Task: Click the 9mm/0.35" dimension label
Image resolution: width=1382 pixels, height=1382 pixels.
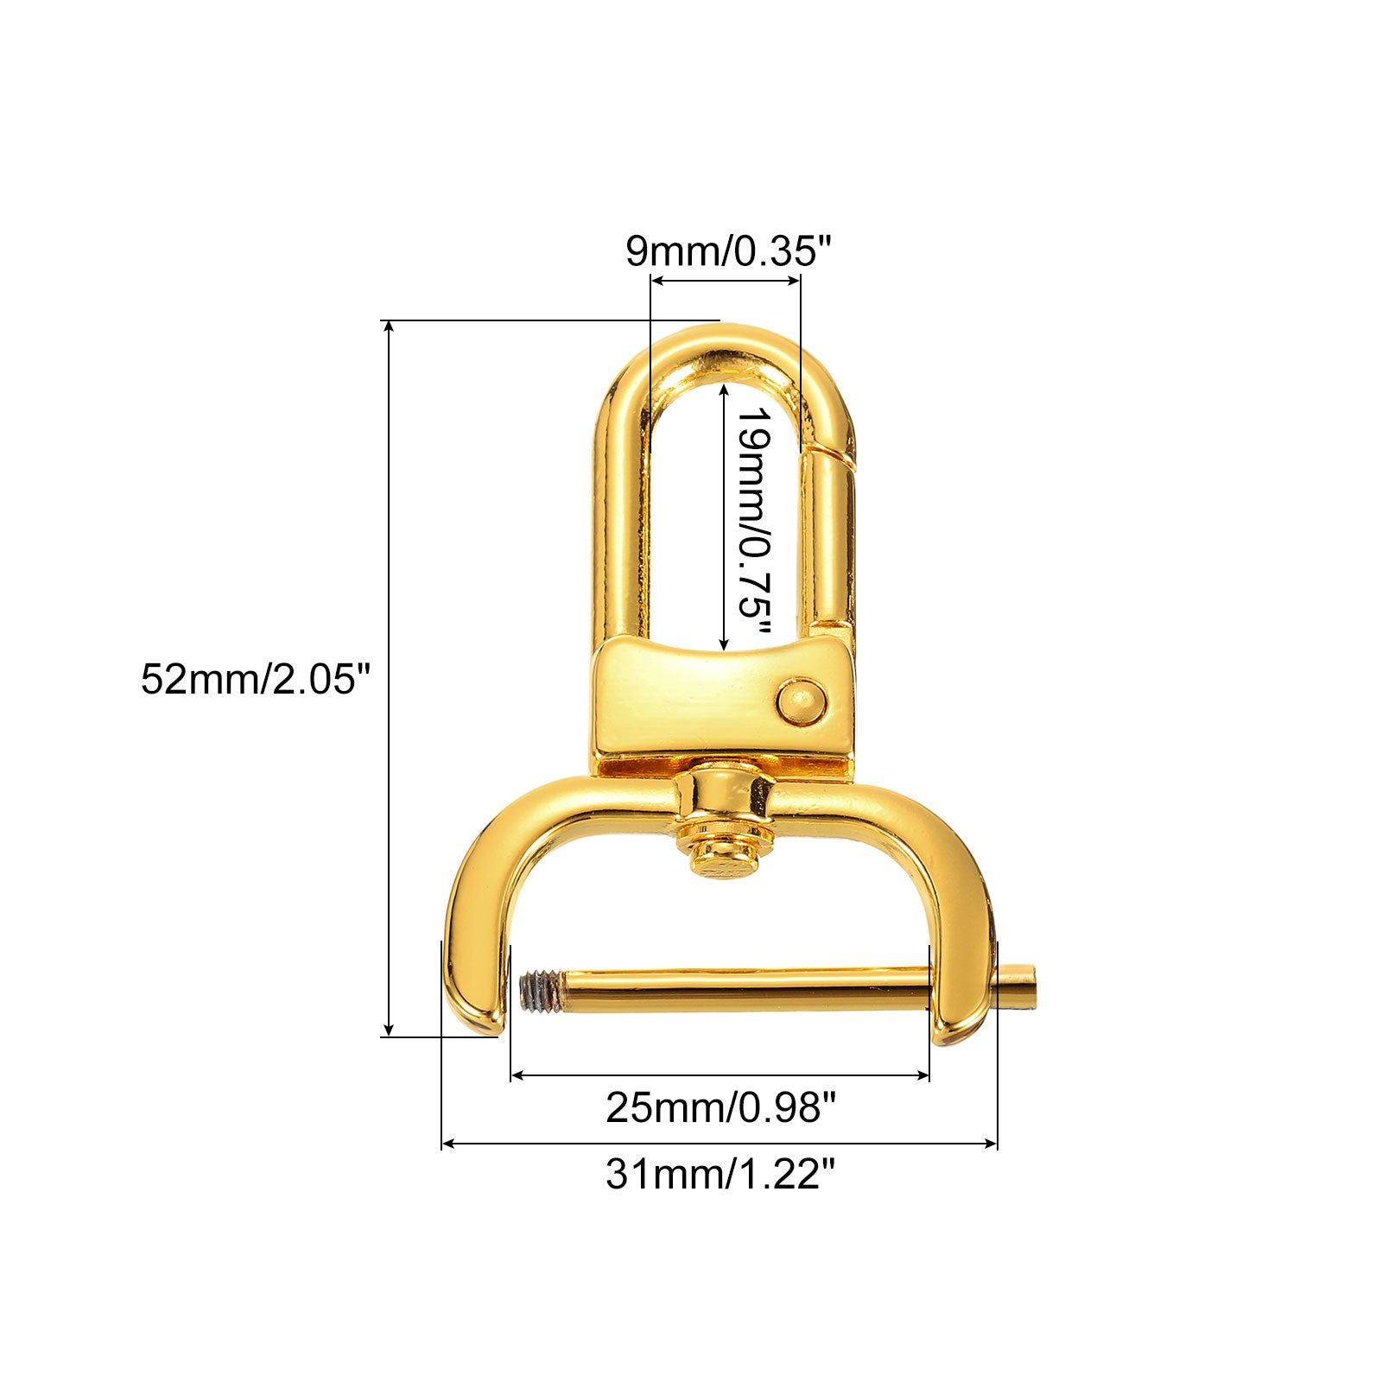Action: coord(728,251)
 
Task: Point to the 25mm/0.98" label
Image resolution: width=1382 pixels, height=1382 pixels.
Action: coord(720,1106)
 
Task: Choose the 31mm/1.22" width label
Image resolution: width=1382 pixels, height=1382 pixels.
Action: coord(720,1174)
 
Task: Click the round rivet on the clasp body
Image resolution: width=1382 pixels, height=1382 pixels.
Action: coord(801,701)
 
